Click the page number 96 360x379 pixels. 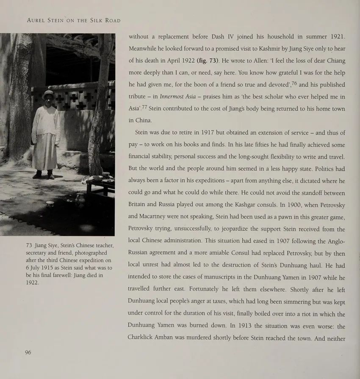tap(28, 352)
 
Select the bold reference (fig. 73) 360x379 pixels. tap(215, 60)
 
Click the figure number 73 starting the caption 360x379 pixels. tap(29, 246)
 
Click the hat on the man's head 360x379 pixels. tap(47, 93)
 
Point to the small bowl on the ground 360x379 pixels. tap(50, 204)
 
